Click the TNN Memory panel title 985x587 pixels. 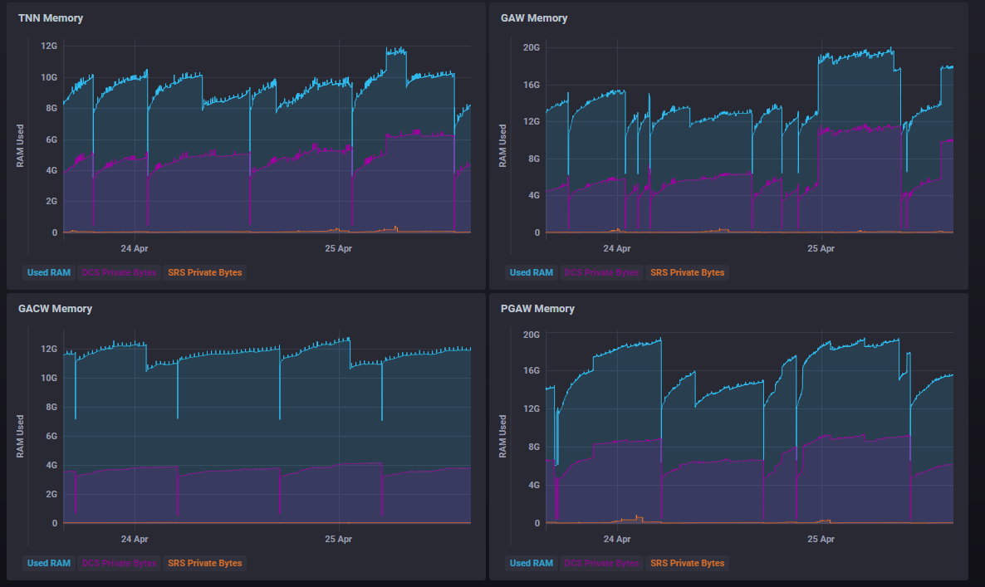coord(50,18)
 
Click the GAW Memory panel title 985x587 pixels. coord(534,18)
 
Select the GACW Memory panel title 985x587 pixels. coord(55,309)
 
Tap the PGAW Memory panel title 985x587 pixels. coord(537,309)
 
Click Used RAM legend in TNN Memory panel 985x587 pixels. coord(48,272)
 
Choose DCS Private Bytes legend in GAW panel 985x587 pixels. coord(601,272)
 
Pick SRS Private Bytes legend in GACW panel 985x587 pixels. coord(204,563)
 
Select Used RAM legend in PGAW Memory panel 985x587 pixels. coord(532,563)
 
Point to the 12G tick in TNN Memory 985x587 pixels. coord(49,46)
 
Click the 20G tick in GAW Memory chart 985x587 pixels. coord(532,47)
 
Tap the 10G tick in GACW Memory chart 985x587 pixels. coord(49,378)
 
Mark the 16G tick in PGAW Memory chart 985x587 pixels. coord(532,371)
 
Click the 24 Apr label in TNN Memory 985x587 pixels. coord(135,248)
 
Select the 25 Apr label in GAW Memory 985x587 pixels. coord(821,248)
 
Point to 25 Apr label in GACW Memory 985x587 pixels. coord(338,539)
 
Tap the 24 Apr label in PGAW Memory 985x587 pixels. coord(617,539)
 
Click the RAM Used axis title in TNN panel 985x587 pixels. coord(20,146)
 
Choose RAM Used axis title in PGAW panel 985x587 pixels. coord(502,437)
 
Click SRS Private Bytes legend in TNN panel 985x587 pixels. coord(204,272)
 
